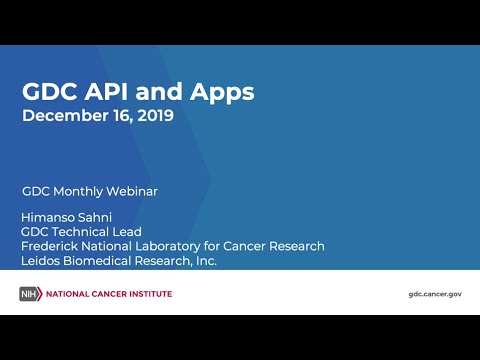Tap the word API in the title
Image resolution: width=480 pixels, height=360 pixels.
pos(112,93)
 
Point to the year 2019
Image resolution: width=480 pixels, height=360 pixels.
pos(153,116)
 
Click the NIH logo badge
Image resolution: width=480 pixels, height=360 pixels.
pos(31,294)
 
